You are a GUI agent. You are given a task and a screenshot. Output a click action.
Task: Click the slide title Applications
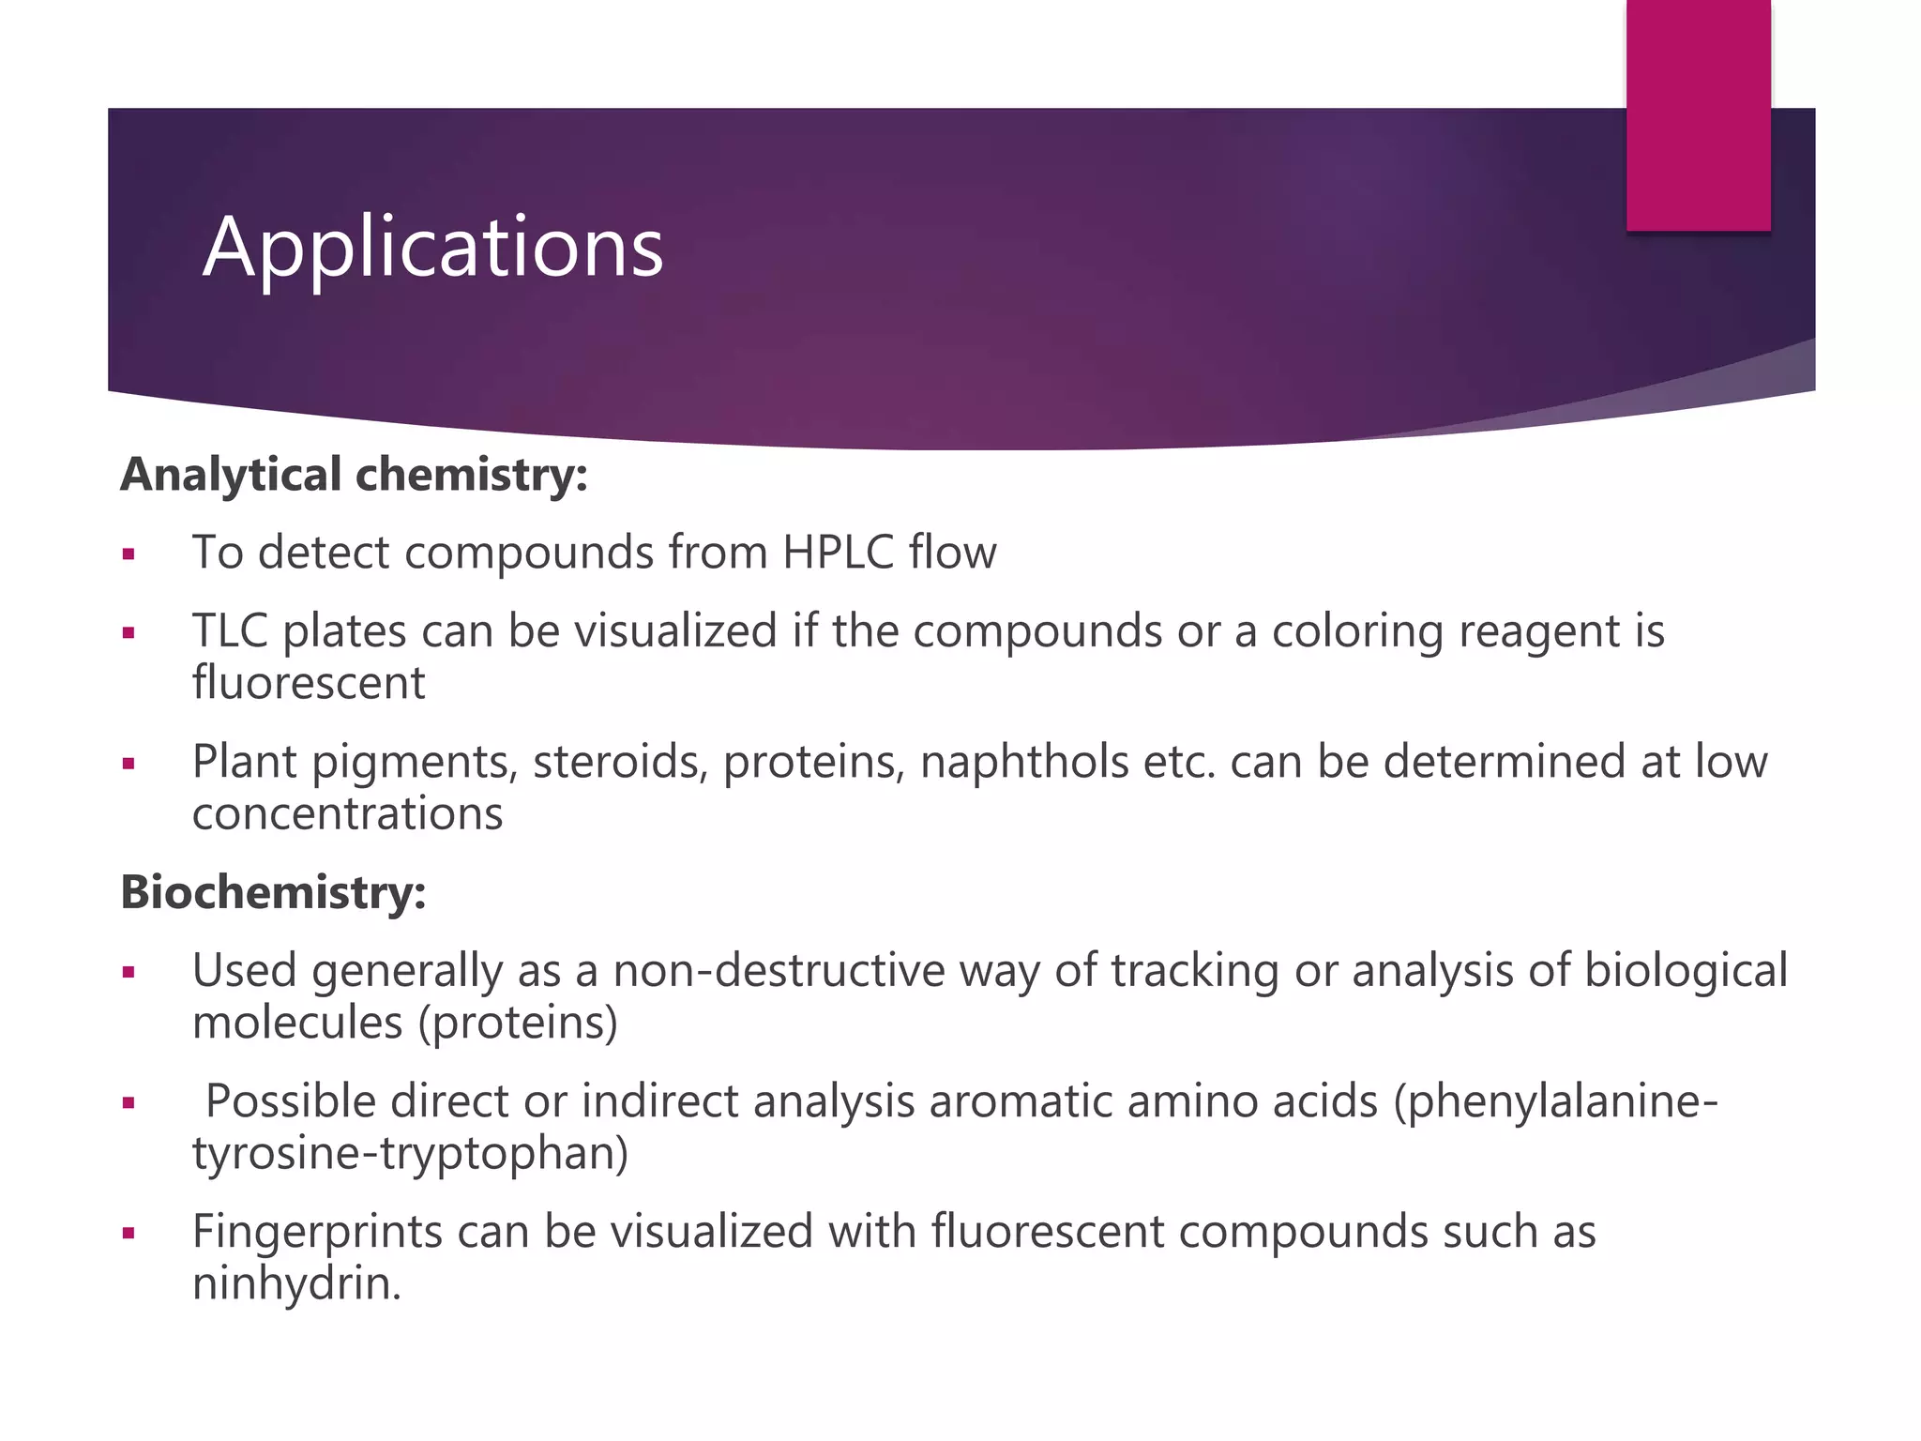point(432,247)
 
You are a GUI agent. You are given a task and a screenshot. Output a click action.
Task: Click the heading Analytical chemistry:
point(354,475)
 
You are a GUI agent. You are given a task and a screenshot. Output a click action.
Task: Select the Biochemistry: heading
point(273,892)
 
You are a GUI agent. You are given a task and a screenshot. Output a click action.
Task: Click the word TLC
point(230,630)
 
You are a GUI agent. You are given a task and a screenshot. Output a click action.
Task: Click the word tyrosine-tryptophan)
point(410,1153)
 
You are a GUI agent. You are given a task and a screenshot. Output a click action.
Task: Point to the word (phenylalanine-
point(1556,1101)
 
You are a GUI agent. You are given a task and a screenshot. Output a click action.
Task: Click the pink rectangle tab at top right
point(1698,114)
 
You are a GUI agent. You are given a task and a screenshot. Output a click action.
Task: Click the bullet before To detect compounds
point(129,554)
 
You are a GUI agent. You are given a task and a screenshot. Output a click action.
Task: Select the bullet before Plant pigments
point(129,764)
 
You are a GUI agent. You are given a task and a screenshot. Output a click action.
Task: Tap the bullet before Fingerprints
point(129,1233)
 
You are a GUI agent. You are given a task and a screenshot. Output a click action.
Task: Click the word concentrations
point(347,813)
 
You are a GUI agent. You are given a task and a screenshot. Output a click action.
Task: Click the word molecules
point(297,1023)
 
